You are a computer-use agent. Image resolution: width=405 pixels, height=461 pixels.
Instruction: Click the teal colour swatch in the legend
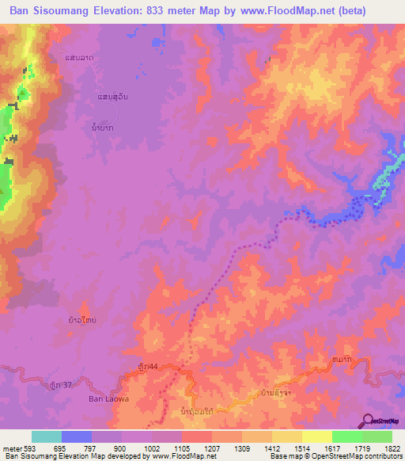pyautogui.click(x=47, y=436)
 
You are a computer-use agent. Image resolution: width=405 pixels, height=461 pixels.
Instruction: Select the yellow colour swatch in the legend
pyautogui.click(x=316, y=436)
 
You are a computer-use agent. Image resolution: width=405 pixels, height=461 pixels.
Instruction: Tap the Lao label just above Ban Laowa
pyautogui.click(x=83, y=322)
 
